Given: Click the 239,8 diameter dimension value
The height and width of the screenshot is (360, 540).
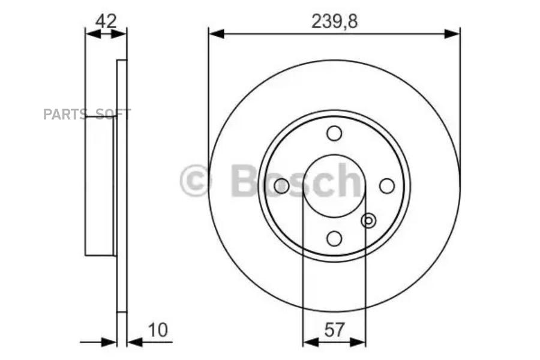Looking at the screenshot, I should [x=334, y=22].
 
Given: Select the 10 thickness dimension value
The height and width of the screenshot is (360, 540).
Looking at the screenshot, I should [x=158, y=329].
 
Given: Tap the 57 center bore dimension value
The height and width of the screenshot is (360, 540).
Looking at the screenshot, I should [x=334, y=329].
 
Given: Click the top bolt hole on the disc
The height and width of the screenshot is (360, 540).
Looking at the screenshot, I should [x=334, y=133].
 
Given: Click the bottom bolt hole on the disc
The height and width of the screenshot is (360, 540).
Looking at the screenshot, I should [x=334, y=238].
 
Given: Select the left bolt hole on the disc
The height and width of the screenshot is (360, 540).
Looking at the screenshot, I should [x=281, y=186].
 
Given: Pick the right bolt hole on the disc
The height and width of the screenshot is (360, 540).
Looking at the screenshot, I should [x=387, y=186].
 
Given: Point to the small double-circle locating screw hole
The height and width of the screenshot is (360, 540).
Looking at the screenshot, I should [x=368, y=221].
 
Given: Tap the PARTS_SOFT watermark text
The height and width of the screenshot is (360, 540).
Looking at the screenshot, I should [x=86, y=115].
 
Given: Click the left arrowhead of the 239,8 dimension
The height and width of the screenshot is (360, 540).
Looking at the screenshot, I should [x=215, y=34].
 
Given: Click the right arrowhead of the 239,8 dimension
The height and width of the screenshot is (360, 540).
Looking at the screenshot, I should [x=453, y=34].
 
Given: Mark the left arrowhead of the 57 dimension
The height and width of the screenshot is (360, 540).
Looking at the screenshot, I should [x=310, y=342].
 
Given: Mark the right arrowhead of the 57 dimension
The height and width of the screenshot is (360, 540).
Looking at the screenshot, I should [x=358, y=342].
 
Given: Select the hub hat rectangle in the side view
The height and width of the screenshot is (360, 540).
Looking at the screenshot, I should [x=100, y=186].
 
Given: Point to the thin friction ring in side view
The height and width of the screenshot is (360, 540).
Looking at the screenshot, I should [x=122, y=186].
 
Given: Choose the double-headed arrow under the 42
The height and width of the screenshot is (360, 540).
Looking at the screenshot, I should [x=106, y=34].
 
